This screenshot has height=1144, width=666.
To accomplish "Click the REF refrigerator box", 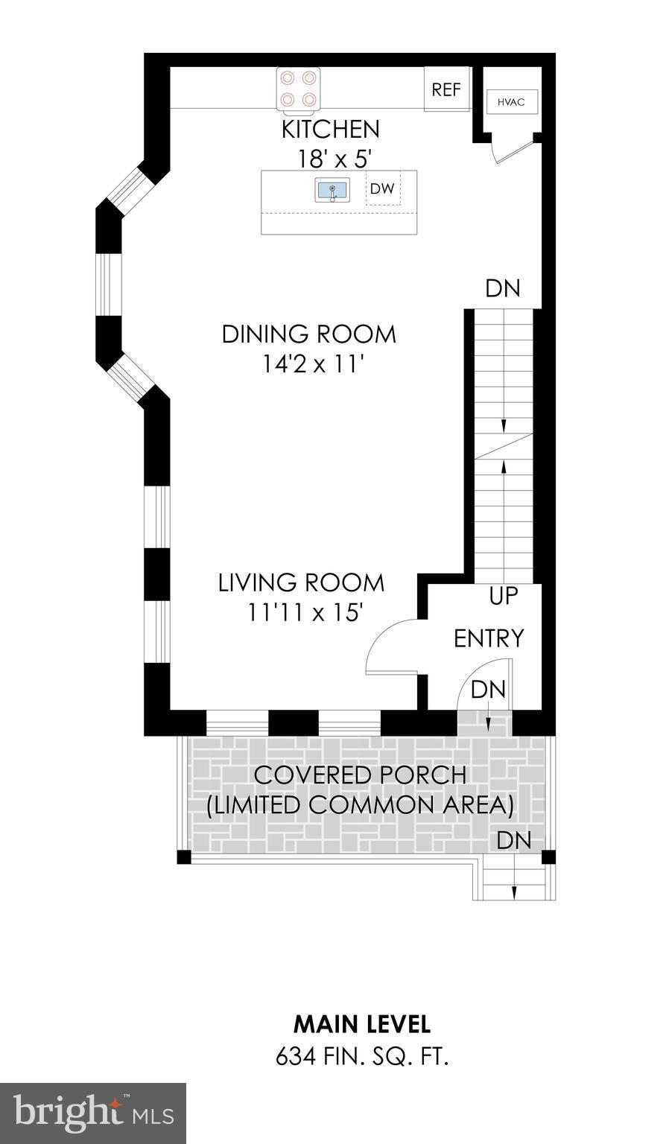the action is pyautogui.click(x=446, y=89).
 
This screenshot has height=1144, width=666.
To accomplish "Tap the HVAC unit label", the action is pyautogui.click(x=511, y=101).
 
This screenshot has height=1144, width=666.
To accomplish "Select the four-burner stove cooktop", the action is pyautogui.click(x=297, y=89).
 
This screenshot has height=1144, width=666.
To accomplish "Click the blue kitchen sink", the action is pyautogui.click(x=333, y=190).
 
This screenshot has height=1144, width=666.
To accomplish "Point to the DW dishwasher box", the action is pyautogui.click(x=383, y=188).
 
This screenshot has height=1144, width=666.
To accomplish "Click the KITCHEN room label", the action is pyautogui.click(x=331, y=129).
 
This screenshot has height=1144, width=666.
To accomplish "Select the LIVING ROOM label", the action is pyautogui.click(x=301, y=582).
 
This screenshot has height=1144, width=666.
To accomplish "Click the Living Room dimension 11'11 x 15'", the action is pyautogui.click(x=305, y=611).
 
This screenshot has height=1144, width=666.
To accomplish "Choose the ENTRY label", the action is pyautogui.click(x=489, y=638).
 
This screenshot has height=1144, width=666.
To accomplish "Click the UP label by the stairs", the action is pyautogui.click(x=504, y=596).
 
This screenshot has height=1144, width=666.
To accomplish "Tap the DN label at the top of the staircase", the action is pyautogui.click(x=503, y=288).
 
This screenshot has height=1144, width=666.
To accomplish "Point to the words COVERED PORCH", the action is pyautogui.click(x=360, y=775).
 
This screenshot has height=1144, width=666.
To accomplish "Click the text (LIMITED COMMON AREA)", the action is pyautogui.click(x=360, y=805).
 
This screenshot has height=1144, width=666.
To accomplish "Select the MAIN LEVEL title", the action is pyautogui.click(x=362, y=1008).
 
